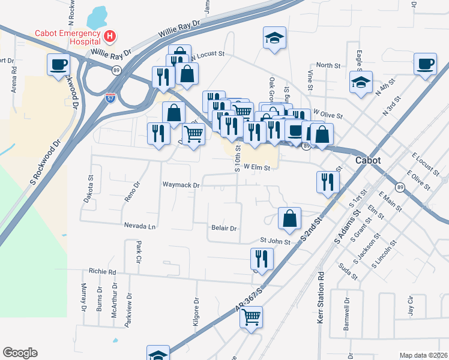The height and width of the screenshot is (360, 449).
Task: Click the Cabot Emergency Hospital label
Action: click(67, 37)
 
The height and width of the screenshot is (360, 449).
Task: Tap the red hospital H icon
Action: click(110, 37)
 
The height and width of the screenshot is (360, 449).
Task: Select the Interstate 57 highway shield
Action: click(110, 98)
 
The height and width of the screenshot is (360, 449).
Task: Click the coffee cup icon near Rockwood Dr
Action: click(59, 64)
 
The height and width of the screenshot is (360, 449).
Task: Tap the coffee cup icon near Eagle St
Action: click(425, 64)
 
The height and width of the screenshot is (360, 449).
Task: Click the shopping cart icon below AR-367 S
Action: click(252, 316)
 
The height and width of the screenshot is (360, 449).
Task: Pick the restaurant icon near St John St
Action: click(262, 259)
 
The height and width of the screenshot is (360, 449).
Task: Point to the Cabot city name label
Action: click(369, 160)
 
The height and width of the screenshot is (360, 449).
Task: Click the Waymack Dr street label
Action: click(180, 185)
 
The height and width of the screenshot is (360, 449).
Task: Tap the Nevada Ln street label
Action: click(140, 226)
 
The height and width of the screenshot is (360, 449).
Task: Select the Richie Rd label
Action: click(102, 271)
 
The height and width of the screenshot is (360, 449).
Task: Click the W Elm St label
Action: click(258, 168)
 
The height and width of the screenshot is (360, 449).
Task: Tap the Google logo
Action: click(20, 353)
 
